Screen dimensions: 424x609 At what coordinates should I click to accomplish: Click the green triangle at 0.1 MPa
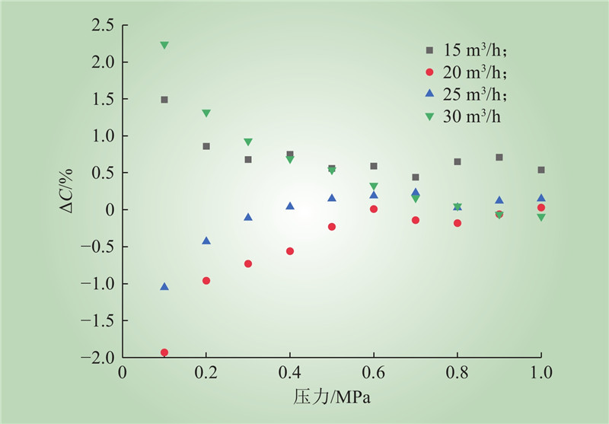pyautogui.click(x=164, y=46)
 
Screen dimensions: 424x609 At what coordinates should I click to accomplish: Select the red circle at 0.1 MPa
pyautogui.click(x=164, y=352)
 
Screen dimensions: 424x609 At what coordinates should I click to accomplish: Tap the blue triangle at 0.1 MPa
pyautogui.click(x=164, y=286)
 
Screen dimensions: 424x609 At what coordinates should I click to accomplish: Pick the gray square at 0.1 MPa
pyautogui.click(x=164, y=100)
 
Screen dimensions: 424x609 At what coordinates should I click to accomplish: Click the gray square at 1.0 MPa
pyautogui.click(x=541, y=170)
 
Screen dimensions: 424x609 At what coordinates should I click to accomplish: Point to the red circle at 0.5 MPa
pyautogui.click(x=332, y=227)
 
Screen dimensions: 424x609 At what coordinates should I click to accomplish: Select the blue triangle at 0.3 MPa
pyautogui.click(x=248, y=217)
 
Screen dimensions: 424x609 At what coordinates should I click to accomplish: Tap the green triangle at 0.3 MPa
pyautogui.click(x=248, y=142)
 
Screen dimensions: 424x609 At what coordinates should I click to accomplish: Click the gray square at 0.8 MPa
pyautogui.click(x=458, y=161)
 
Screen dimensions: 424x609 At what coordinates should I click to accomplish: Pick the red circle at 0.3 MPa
pyautogui.click(x=248, y=263)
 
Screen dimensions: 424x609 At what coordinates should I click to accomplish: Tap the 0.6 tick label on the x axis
pyautogui.click(x=373, y=374)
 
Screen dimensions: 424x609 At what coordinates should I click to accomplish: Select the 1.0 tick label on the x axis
pyautogui.click(x=540, y=374)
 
